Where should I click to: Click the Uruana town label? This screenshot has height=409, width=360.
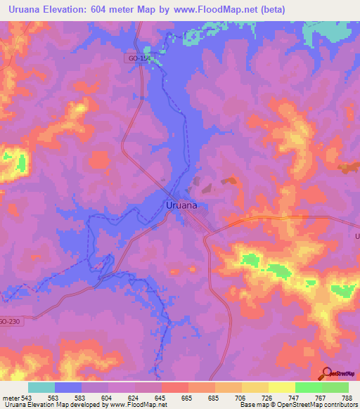click(x=181, y=205)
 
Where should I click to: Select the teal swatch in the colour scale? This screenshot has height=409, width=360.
click(x=41, y=387)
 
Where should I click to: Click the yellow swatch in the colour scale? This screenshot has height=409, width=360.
click(x=282, y=387)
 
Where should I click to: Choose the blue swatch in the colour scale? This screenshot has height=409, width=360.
click(x=68, y=387)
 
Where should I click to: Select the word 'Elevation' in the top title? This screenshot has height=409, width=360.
click(x=75, y=10)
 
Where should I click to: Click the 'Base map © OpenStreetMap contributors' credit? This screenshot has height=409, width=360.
click(x=299, y=405)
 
